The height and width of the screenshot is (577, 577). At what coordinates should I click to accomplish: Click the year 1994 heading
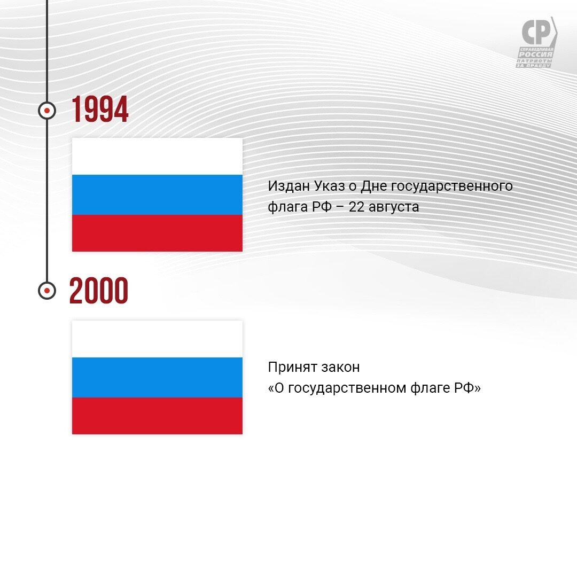pos(100,109)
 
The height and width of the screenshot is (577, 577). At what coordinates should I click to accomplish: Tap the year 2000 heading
pos(99,290)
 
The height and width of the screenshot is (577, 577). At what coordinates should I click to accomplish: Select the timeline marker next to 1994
pos(47,111)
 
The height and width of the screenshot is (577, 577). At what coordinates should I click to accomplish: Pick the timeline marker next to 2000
pos(47,291)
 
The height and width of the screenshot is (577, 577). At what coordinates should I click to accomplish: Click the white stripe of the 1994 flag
pos(157,157)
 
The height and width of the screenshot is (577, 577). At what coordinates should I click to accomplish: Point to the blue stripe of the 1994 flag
pos(157,194)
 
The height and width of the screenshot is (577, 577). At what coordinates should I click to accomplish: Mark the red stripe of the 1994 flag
pos(157,233)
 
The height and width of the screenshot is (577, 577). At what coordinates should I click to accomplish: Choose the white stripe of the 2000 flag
pos(157,339)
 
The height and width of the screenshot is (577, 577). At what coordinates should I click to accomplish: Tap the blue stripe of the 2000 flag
pos(157,377)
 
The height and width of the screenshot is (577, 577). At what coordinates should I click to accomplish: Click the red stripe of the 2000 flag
pos(157,416)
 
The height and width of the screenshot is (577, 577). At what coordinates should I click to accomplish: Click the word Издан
pos(288,186)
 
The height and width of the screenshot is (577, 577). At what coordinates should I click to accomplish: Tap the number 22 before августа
pos(356,207)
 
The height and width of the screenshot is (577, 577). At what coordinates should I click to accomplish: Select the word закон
pos(340,368)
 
